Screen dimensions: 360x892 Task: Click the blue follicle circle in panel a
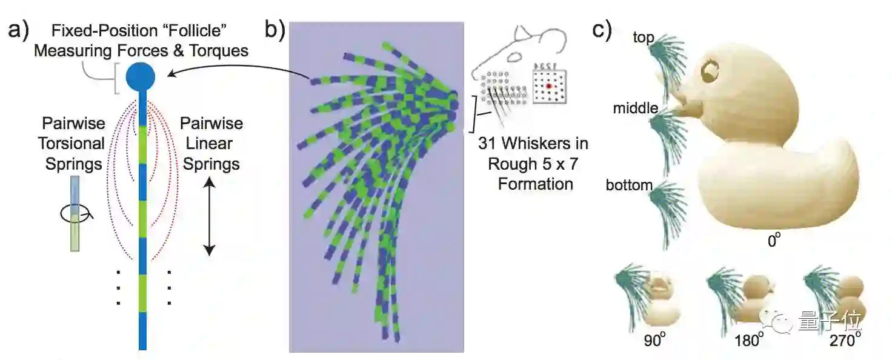point(141,78)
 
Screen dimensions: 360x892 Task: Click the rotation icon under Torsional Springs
point(72,213)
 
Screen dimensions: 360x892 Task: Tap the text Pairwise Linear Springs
point(211,144)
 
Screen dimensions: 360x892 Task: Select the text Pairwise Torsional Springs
point(74,144)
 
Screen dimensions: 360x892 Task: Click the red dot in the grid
point(549,87)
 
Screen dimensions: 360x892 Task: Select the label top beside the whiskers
point(643,38)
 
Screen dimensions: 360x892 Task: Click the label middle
point(635,108)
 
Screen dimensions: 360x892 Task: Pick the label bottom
point(628,185)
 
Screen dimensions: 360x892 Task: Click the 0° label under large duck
point(773,241)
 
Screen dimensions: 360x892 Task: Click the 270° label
point(842,340)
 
